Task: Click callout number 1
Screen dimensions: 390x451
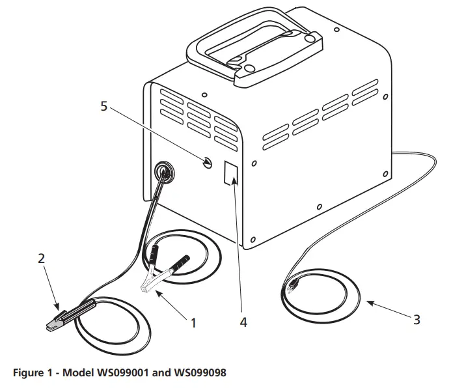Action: pyautogui.click(x=193, y=322)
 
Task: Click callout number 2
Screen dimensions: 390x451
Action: pyautogui.click(x=41, y=258)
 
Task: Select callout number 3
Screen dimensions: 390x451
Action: pyautogui.click(x=416, y=319)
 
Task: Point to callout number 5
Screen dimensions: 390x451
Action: pyautogui.click(x=103, y=107)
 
